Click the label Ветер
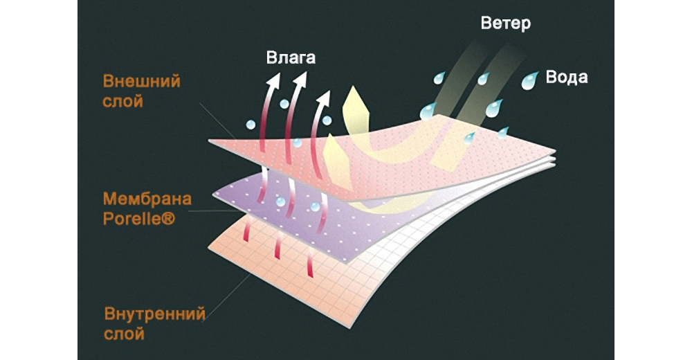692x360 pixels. pyautogui.click(x=506, y=24)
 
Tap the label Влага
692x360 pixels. pyautogui.click(x=291, y=57)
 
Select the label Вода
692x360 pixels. pyautogui.click(x=566, y=77)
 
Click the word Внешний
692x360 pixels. pyautogui.click(x=141, y=82)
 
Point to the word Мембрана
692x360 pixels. pyautogui.click(x=147, y=201)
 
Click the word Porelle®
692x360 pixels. pyautogui.click(x=139, y=219)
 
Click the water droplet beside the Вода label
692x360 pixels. pyautogui.click(x=530, y=80)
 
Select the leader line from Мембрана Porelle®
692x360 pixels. pyautogui.click(x=208, y=210)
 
